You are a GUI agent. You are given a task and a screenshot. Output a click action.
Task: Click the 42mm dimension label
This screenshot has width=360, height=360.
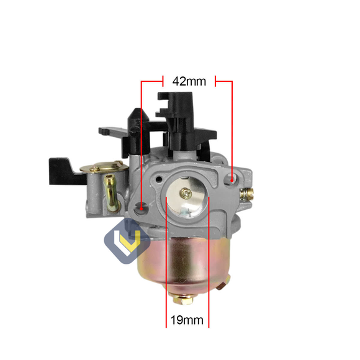pos(189,81)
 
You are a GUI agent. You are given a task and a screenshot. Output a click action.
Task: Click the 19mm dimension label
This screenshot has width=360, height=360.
pos(187,321)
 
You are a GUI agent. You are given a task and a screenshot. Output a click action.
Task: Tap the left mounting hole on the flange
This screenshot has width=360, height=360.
pos(143,208)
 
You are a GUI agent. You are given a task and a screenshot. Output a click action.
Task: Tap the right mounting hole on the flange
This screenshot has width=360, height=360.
pos(232,179)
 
